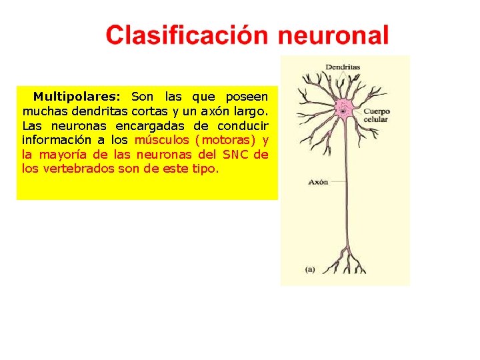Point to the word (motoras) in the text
(x=225, y=140)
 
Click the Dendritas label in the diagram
(x=343, y=67)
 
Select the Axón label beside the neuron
(x=317, y=181)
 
